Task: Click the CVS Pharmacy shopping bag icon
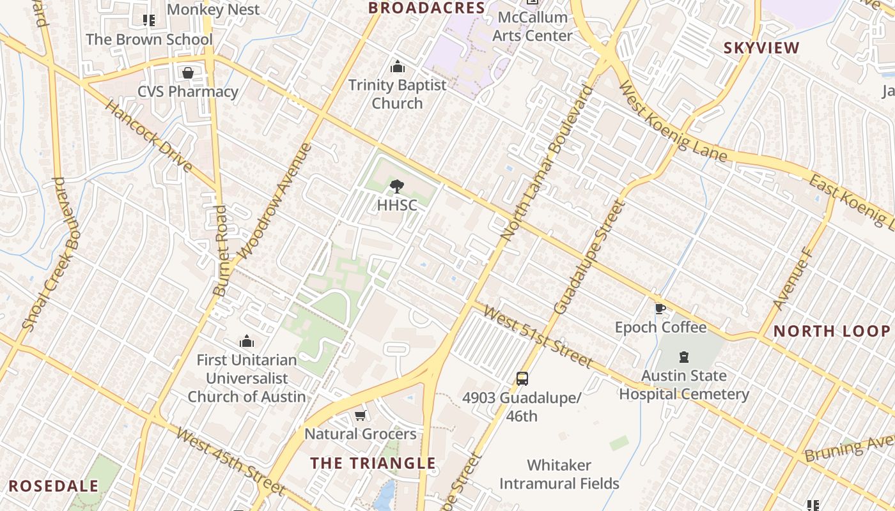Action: coord(188,73)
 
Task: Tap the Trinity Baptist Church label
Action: coord(397,94)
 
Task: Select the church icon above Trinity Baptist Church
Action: coord(398,66)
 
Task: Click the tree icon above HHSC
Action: coord(397,187)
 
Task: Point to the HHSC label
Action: coord(397,205)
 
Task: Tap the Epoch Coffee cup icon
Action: coord(660,309)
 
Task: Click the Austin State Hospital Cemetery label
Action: coord(684,385)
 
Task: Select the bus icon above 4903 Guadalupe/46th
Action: coord(522,378)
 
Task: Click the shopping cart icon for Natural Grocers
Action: coord(361,416)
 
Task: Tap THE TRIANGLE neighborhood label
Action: coord(373,463)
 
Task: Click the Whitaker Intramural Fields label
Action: coord(559,474)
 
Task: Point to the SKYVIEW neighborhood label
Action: coord(761,48)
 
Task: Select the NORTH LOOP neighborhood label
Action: coord(832,331)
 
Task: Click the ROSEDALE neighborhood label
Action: coord(54,485)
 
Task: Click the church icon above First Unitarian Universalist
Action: coord(247,342)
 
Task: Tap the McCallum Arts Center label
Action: coord(532,26)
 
